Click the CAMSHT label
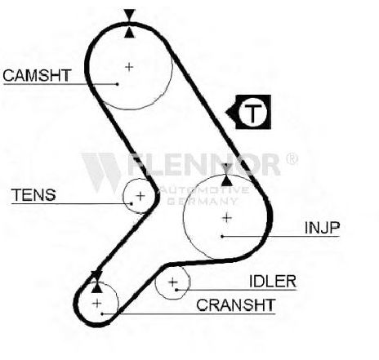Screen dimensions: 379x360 tap(37, 76)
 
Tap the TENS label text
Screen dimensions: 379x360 tap(33, 195)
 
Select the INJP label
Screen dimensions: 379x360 tap(323, 228)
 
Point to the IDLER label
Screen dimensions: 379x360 tap(273, 282)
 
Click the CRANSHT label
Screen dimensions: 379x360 tap(236, 305)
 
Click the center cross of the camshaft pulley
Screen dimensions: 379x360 tap(129, 67)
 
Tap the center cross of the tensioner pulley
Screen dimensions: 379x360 tap(140, 196)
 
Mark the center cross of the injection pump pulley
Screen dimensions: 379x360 tap(227, 218)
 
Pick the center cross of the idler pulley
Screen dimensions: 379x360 tap(173, 282)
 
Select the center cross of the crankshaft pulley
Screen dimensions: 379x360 tap(97, 303)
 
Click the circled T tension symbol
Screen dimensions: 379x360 tap(252, 112)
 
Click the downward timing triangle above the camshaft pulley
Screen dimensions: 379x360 tap(129, 15)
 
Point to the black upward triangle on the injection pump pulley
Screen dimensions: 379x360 tap(226, 181)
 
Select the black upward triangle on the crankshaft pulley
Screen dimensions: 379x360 tap(97, 287)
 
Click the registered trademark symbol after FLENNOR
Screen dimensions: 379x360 tap(291, 159)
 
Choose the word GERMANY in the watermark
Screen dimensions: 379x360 tap(202, 201)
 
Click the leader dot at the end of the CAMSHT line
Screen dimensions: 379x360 tap(118, 84)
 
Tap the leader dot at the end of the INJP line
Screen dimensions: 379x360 tap(222, 236)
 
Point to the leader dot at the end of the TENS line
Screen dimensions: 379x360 tap(132, 203)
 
